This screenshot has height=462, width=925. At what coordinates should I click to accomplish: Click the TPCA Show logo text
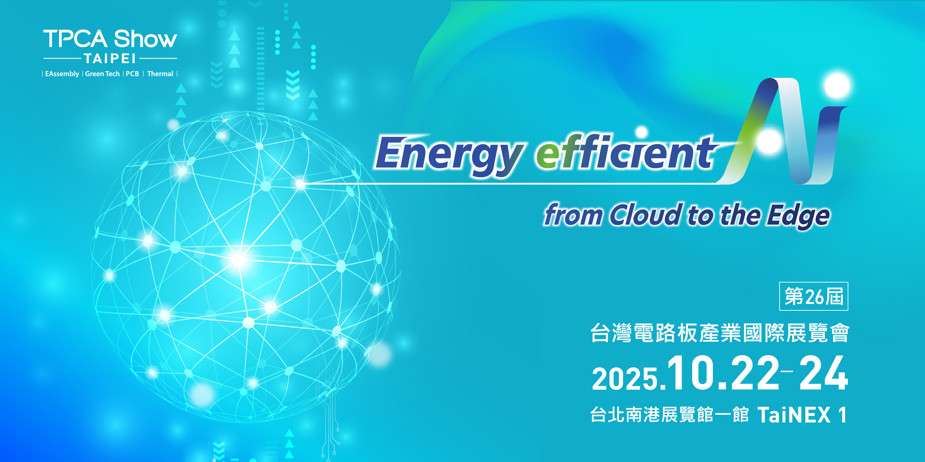point(110,39)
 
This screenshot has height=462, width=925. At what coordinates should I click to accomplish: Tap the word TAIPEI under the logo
point(110,58)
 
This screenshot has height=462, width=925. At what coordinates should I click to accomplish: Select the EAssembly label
point(62,74)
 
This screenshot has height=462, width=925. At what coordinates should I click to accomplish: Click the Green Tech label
point(102,74)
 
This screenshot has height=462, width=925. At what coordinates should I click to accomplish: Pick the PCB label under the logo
point(132,74)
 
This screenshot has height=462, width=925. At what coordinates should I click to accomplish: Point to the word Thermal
point(160,74)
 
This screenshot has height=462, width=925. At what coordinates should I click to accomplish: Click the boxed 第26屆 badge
point(814,296)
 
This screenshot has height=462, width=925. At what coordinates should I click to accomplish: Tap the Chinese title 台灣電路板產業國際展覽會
point(720,333)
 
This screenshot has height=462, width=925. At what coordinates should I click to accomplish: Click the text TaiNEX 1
point(802,415)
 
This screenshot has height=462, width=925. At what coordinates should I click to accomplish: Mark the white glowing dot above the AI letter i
point(837,85)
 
